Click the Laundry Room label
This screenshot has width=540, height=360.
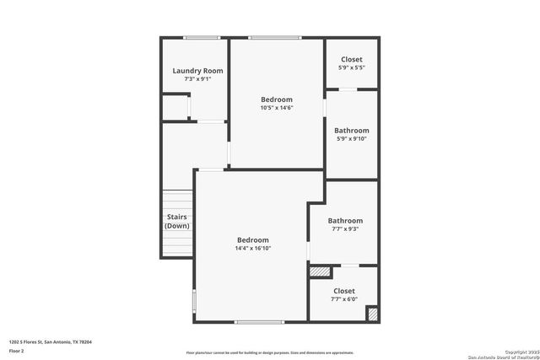197,71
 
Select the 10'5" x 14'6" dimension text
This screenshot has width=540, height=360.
277,108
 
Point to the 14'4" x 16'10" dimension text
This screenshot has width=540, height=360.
252,248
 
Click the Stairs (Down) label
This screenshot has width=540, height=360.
177,222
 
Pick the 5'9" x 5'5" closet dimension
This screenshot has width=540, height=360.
351,67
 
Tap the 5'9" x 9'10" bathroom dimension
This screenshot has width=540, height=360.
351,139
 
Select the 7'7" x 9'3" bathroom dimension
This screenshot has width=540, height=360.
345,229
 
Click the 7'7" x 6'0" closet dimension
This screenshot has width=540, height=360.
343,299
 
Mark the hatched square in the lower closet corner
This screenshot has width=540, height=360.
371,313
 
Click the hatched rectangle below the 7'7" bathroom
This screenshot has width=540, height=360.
321,271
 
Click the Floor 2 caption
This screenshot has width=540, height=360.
17,350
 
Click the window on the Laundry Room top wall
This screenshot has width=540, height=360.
202,37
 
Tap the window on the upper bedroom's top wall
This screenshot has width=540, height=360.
274,37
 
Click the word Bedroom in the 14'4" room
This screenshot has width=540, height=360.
252,239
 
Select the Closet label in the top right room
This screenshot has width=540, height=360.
351,59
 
